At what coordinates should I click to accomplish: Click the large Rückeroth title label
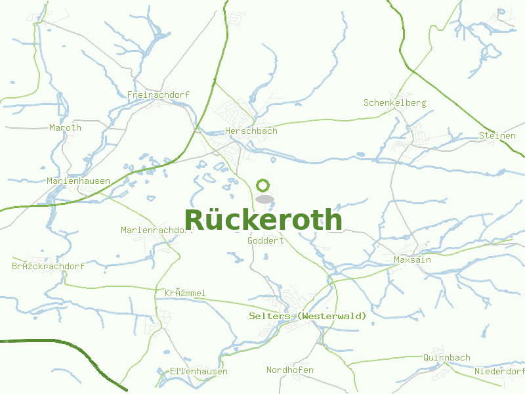coord(263,220)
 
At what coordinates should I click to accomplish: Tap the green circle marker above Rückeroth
coord(263,185)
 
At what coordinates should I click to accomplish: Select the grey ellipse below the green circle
coord(264,198)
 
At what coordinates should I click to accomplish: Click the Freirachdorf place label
coord(158,95)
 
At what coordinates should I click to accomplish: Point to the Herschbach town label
coord(251,131)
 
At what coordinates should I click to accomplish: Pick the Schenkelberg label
coord(394,103)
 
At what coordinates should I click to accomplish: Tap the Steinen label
coord(497,136)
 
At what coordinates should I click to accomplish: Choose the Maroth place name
coord(65,128)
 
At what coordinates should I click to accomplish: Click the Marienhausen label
coord(78,181)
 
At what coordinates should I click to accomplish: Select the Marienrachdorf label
coord(156,230)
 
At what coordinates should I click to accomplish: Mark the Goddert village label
coord(265,241)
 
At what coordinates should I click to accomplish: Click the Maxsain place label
coord(412,260)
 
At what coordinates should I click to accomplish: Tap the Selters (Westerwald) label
coord(308,317)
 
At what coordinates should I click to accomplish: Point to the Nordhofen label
coord(289,370)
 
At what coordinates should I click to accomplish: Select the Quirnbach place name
coord(446,358)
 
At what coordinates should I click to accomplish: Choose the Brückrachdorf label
coord(48,267)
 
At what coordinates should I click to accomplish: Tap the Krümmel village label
coord(185,293)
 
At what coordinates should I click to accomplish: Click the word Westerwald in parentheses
coord(331,317)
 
